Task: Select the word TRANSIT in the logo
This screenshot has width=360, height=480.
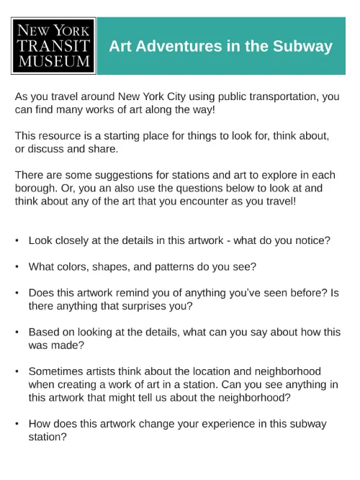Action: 54,47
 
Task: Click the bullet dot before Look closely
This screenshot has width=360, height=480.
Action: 17,240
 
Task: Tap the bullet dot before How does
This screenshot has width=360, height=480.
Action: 17,424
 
